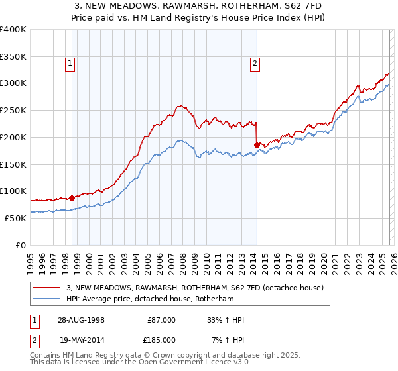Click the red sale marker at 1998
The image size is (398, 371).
pos(72,197)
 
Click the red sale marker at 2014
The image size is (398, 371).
pos(257,144)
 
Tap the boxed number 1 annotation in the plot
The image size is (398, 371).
pos(70,64)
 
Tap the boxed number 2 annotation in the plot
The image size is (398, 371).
pos(255,64)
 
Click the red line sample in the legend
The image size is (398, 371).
pos(48,288)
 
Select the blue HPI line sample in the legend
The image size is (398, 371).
pos(48,299)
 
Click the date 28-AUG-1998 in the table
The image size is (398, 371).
pos(81,320)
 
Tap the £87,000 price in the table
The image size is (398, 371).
pos(161,320)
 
